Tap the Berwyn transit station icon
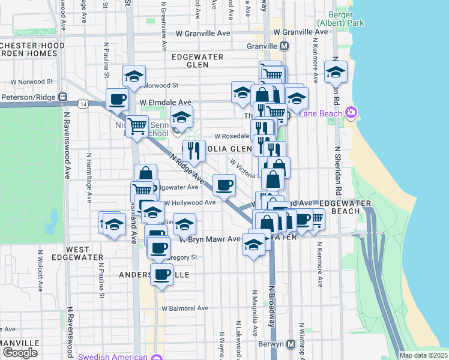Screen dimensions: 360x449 [x=291, y=344]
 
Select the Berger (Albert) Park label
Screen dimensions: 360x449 [x=346, y=18]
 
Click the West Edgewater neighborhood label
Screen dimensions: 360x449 [x=77, y=253]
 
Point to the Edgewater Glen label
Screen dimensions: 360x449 [x=197, y=61]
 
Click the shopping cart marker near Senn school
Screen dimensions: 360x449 [x=137, y=125]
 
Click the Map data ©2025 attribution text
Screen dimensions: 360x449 [x=423, y=355]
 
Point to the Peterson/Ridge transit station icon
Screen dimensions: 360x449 [x=62, y=97]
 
